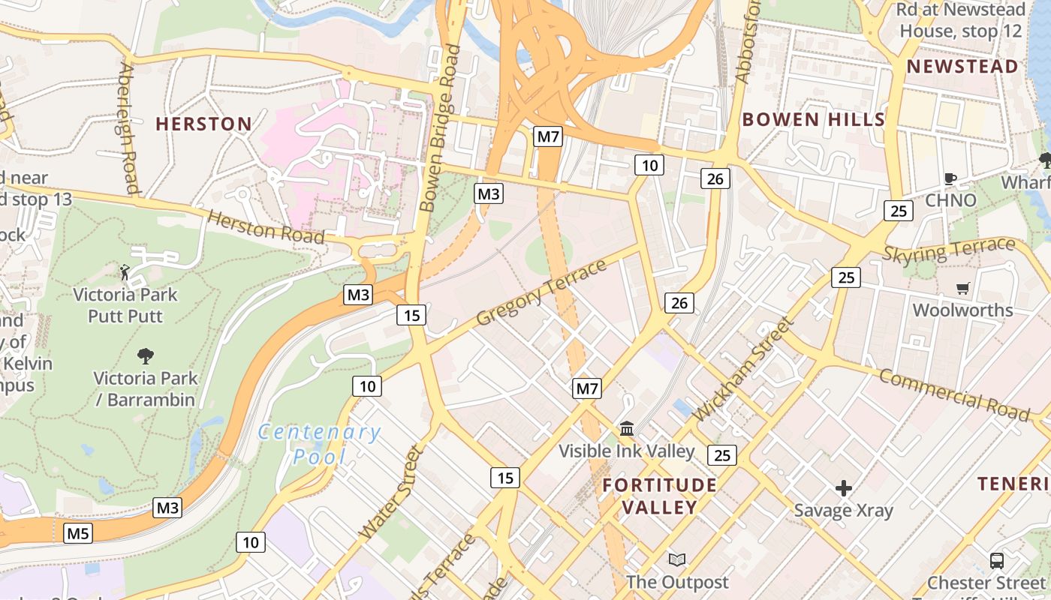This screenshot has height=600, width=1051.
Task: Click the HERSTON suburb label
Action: tap(203, 124)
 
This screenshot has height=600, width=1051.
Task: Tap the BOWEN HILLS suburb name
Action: tap(814, 119)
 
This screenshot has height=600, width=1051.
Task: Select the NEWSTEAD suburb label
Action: tap(962, 66)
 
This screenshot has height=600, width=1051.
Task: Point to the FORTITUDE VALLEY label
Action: tap(660, 496)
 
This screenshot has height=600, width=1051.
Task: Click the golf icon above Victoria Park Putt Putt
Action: tap(125, 271)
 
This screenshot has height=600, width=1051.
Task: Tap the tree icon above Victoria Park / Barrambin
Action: tap(146, 355)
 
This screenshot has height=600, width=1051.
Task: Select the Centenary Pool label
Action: tap(319, 444)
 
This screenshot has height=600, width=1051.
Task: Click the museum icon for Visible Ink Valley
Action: tap(627, 429)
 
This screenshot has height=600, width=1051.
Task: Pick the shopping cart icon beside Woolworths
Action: tap(963, 289)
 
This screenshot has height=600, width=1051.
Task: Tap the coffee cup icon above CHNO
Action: tap(950, 178)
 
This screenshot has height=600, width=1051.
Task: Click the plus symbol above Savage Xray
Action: tap(844, 489)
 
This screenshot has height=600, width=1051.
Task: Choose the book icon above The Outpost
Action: tap(677, 559)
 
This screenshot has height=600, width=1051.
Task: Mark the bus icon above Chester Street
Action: tap(997, 560)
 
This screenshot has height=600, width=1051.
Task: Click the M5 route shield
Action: tap(78, 534)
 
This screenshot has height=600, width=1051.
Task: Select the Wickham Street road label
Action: tap(743, 369)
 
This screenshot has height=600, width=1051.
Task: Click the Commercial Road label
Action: tap(954, 394)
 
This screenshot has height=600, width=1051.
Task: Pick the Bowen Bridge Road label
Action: tap(441, 127)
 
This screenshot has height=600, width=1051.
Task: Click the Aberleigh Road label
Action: tap(128, 127)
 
